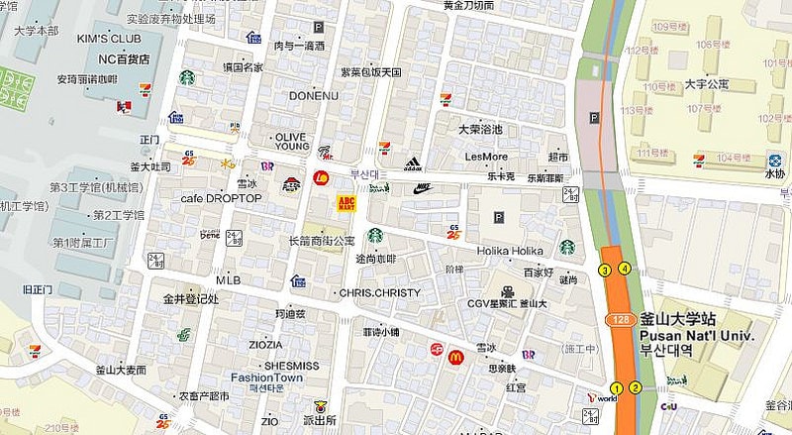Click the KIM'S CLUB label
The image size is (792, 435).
[108, 39]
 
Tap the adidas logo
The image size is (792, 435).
[414, 163]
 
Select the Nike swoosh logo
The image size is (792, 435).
[423, 186]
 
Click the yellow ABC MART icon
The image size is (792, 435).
[346, 204]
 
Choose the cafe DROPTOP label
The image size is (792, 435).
[221, 198]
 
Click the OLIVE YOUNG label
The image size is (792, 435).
[291, 140]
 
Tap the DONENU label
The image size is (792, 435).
[313, 96]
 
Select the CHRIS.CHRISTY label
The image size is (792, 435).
[379, 293]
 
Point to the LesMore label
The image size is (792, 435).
[486, 157]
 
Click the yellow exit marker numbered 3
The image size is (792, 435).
[605, 270]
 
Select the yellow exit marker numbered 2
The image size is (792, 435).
[636, 387]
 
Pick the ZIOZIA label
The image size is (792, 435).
[265, 345]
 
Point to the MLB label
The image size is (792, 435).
[228, 279]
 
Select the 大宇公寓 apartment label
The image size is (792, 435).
[708, 84]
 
